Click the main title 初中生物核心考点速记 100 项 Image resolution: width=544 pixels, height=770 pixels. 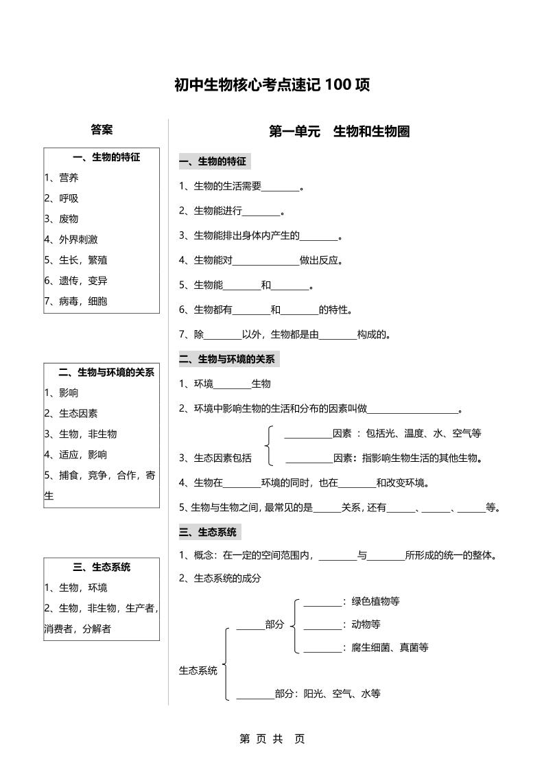[272, 85]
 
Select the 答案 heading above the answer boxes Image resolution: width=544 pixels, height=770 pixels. [102, 130]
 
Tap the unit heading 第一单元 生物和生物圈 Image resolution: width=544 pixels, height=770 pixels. [340, 131]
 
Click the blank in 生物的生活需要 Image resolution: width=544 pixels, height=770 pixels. [281, 187]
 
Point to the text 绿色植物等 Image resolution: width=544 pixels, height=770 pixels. [375, 601]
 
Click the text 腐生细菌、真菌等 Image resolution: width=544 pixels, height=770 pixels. [390, 647]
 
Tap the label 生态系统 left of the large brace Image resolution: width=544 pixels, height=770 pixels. [198, 670]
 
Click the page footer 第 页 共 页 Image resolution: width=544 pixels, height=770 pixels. [272, 738]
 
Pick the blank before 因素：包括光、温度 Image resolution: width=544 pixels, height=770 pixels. [307, 434]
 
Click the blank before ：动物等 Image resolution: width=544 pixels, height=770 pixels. [322, 625]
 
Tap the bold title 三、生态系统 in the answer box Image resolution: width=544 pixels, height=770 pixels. [102, 567]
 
